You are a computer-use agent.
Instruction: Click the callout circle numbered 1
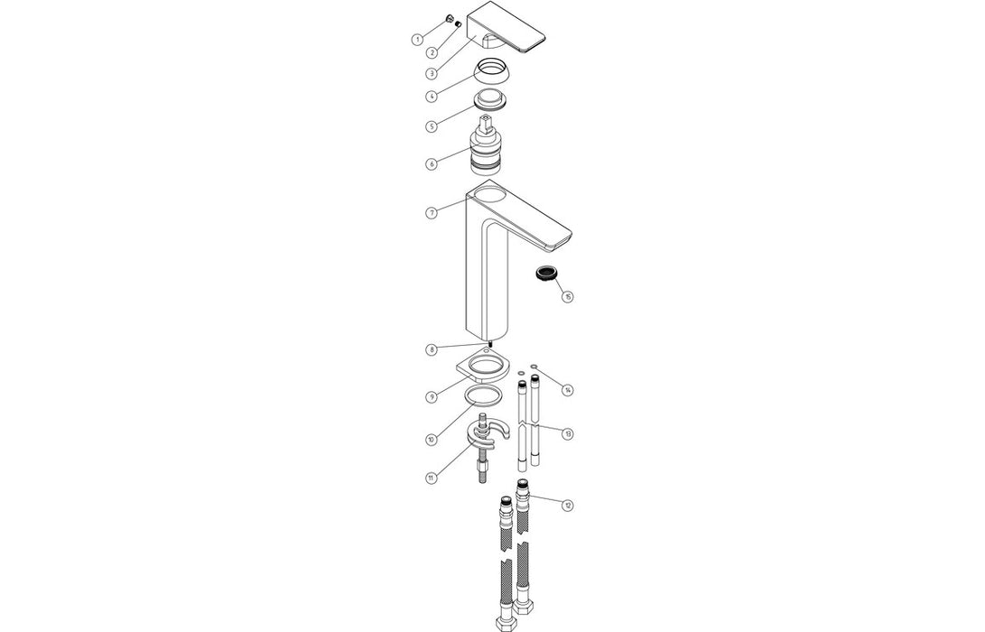(x=417, y=40)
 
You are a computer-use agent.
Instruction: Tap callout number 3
(x=432, y=73)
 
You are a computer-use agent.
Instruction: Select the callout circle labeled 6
(x=432, y=163)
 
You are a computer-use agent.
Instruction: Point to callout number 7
(x=432, y=212)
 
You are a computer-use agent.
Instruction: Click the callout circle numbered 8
(x=432, y=349)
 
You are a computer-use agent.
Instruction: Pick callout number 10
(x=432, y=439)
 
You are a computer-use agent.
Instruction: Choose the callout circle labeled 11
(x=432, y=477)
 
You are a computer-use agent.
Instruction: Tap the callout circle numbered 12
(x=567, y=506)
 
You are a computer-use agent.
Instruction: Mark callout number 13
(x=567, y=434)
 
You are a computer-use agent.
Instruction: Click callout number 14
(x=567, y=390)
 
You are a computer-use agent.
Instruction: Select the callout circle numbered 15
(x=567, y=296)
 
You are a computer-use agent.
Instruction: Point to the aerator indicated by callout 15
(x=545, y=273)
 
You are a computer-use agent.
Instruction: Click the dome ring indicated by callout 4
(x=493, y=70)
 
